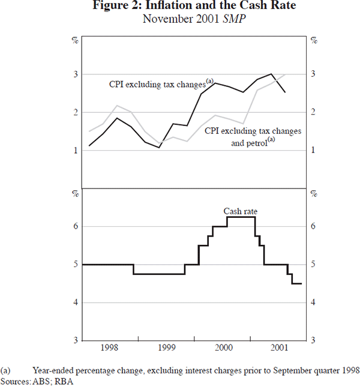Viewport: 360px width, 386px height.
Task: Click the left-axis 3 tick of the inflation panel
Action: click(76, 74)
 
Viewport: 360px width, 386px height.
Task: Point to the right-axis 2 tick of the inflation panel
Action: click(312, 113)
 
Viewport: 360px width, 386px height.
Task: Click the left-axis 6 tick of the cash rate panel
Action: click(76, 226)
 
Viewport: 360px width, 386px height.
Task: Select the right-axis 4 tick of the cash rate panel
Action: click(312, 303)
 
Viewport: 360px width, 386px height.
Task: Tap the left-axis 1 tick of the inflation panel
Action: click(76, 151)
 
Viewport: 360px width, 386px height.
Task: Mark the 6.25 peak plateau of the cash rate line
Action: click(241, 217)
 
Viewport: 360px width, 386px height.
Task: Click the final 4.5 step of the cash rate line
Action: click(296, 283)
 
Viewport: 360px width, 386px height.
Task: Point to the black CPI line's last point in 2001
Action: click(285, 92)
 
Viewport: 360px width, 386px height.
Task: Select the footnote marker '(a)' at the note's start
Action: click(7, 370)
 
